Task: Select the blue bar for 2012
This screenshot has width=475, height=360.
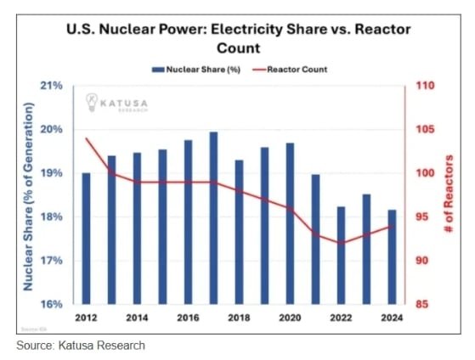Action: [x=85, y=239]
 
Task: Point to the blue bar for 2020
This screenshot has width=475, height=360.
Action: [x=291, y=223]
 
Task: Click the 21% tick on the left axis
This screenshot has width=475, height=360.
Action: [x=52, y=86]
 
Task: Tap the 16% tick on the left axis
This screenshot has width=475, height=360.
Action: [x=52, y=304]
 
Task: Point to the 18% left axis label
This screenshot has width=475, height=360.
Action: [x=52, y=217]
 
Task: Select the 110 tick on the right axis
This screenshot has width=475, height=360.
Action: [x=426, y=86]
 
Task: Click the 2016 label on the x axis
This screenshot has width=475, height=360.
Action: [x=188, y=318]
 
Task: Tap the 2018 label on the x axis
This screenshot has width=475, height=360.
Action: [x=239, y=318]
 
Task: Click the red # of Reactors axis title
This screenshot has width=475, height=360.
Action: [x=449, y=194]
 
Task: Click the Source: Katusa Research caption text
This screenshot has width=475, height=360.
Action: [x=81, y=346]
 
